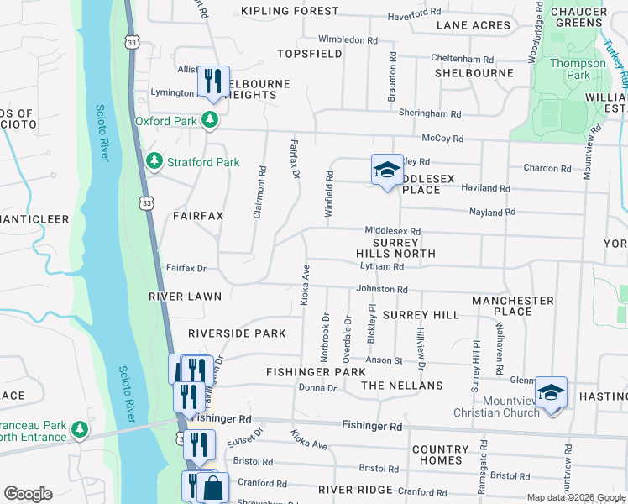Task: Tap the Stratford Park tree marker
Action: (154, 160)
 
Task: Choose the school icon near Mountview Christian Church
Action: (551, 392)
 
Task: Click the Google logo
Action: (28, 494)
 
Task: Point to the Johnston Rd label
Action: (382, 290)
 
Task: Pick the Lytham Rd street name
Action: (382, 266)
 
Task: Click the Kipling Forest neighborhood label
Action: (290, 11)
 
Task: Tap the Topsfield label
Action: (310, 54)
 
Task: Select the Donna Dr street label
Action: (317, 388)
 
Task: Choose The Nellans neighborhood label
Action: (401, 386)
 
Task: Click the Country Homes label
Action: (441, 454)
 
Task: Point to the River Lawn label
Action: (185, 297)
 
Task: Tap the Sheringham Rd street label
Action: (430, 113)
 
